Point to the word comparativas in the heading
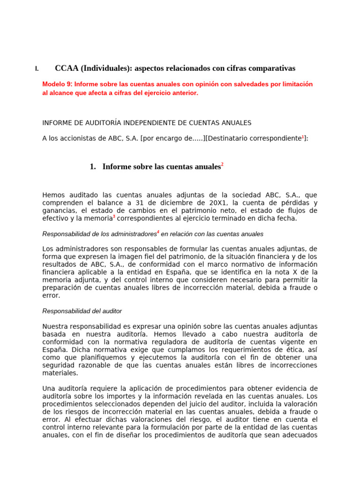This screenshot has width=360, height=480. point(274,68)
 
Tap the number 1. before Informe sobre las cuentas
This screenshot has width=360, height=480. point(92,167)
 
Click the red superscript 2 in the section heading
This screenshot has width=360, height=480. point(222,165)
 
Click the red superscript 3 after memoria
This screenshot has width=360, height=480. point(114,216)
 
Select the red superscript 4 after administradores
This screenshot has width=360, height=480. point(158,232)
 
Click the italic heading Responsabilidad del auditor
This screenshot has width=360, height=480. point(82,311)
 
